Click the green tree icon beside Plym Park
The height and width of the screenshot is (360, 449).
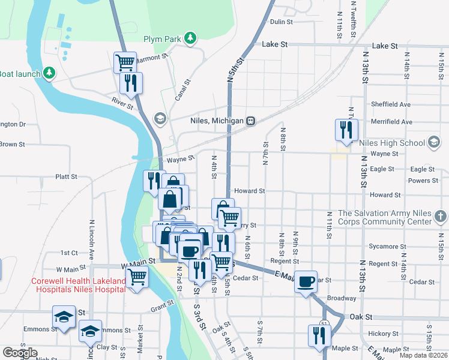click(x=190, y=39)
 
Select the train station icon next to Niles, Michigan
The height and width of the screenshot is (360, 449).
click(x=252, y=121)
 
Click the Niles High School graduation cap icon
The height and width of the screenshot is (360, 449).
click(x=433, y=143)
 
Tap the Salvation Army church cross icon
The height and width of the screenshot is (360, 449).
click(x=439, y=215)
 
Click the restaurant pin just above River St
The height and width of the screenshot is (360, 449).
click(x=131, y=83)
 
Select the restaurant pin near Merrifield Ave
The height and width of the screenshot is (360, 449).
click(x=346, y=130)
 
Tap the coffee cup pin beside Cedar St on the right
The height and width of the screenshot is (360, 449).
click(x=306, y=281)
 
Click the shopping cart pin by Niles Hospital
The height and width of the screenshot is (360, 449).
click(x=137, y=278)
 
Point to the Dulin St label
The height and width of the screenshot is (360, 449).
click(x=281, y=22)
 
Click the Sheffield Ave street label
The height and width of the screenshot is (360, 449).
click(x=390, y=104)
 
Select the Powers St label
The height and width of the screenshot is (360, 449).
click(x=423, y=181)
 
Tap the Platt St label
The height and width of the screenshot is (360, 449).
click(x=66, y=177)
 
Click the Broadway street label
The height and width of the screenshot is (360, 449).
click(x=342, y=298)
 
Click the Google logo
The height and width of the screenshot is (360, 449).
click(x=19, y=353)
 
